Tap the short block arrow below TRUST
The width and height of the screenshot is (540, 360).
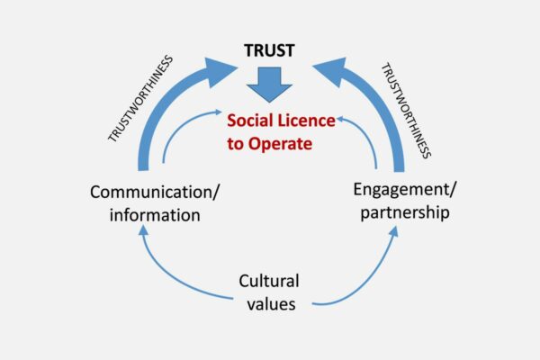click(x=270, y=84)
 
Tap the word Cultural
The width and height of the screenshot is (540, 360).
click(x=267, y=281)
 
